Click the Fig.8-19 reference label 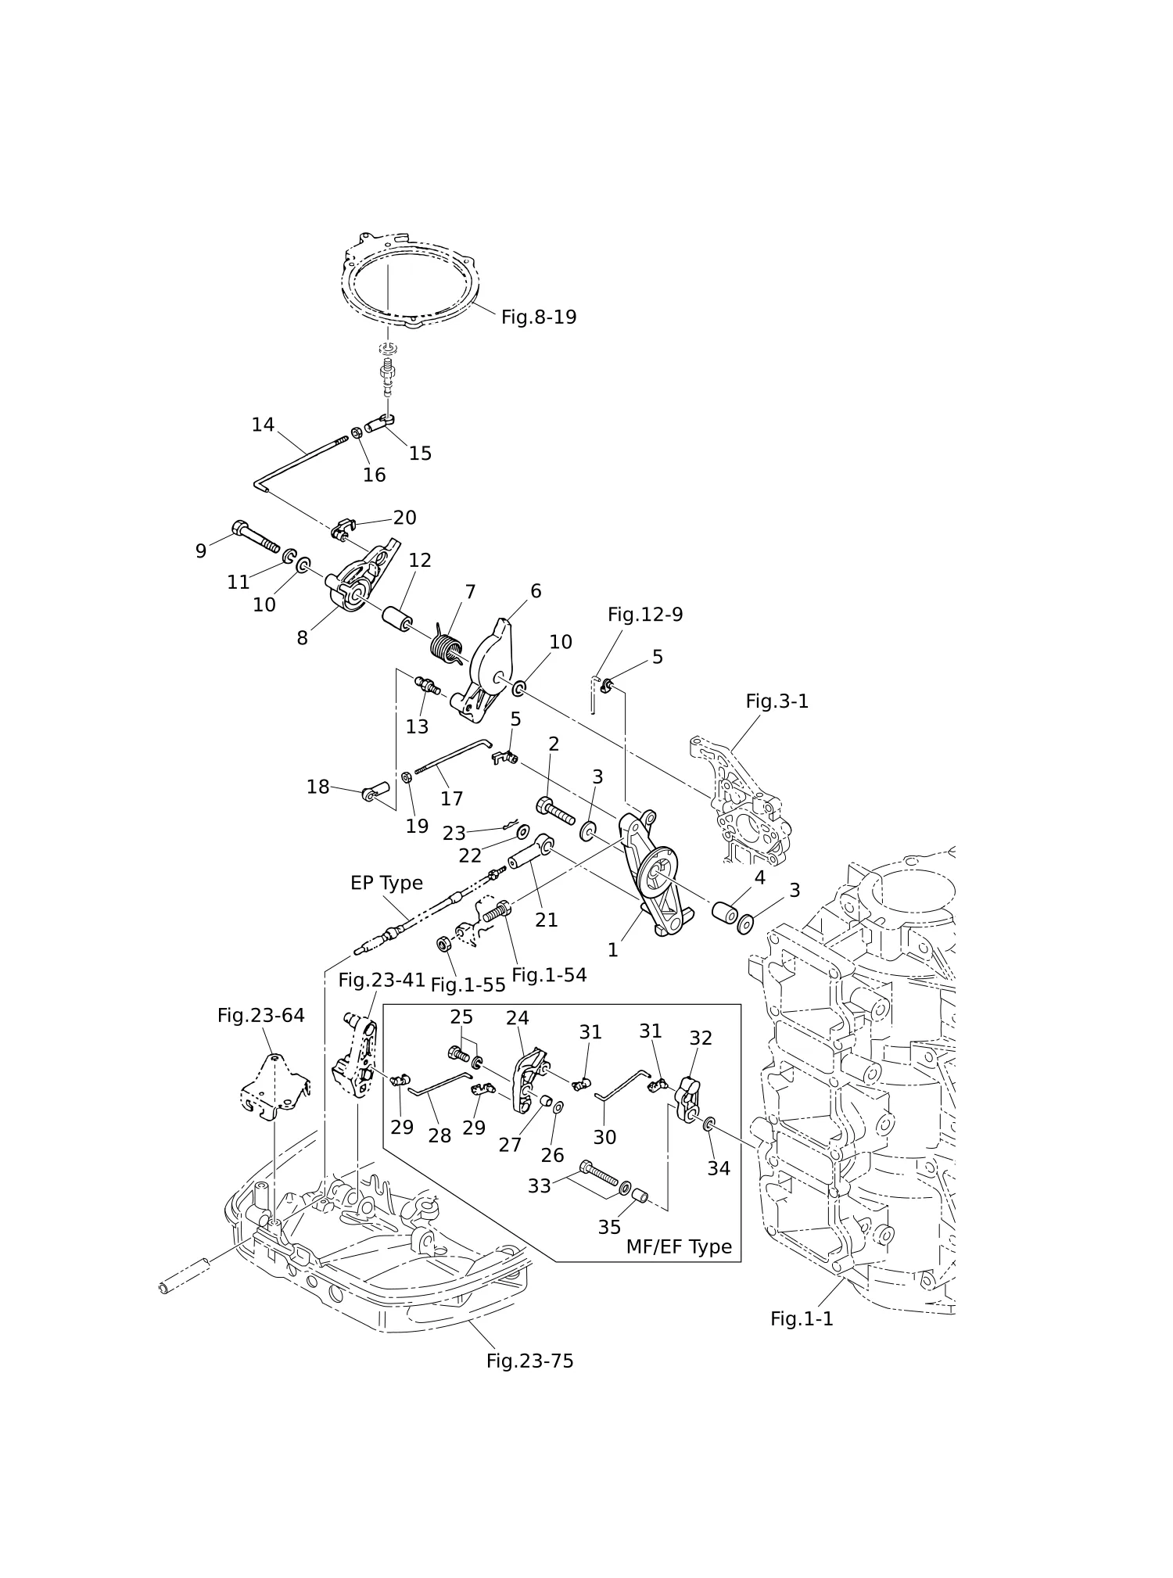coord(539,317)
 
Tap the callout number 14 coord(263,425)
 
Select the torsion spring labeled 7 coord(447,647)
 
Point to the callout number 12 coord(420,560)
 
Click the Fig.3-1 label coord(777,701)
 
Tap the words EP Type coord(386,883)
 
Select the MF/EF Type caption coord(679,1247)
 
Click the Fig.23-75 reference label coord(529,1361)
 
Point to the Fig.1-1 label coord(802,1319)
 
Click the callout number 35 coord(609,1228)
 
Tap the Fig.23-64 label coord(260,1016)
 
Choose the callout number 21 coord(546,920)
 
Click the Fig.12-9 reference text coord(645,615)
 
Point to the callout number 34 coord(719,1168)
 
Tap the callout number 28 coord(439,1135)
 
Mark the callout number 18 coord(317,787)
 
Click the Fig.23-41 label coord(382,980)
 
